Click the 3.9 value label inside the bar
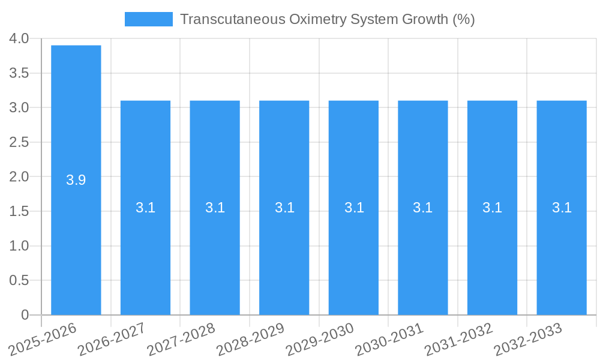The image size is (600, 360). pos(76,179)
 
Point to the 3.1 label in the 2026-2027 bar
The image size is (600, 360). pos(145,208)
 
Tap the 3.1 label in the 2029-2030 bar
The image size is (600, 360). pos(354,208)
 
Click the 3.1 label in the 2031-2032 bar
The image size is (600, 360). pos(493,208)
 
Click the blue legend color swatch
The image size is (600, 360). pos(148,19)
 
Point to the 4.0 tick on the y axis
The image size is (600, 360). pos(19,38)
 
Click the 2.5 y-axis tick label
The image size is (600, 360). pos(19,142)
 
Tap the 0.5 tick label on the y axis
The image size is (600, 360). pos(19,280)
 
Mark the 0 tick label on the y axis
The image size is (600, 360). pos(25,315)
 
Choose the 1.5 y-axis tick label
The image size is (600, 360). pos(19,211)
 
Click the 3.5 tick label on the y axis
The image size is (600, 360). pos(19,73)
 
